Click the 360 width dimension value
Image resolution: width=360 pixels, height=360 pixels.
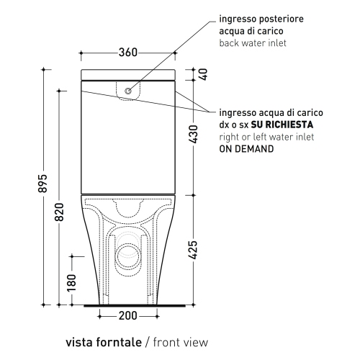[128, 52]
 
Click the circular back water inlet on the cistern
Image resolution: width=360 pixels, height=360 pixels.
[128, 91]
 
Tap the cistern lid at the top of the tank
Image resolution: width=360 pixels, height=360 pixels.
[127, 75]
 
